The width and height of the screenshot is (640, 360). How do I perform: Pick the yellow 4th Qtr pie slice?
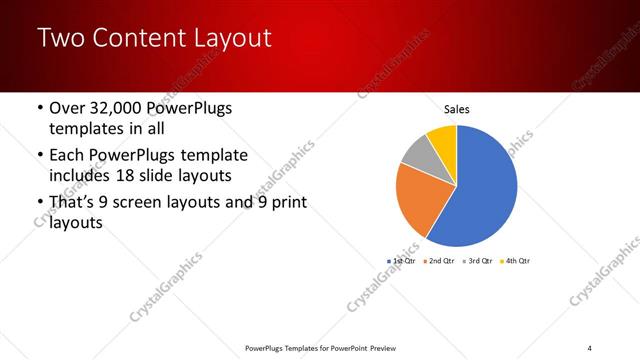443,138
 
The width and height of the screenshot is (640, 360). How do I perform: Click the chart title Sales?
457,110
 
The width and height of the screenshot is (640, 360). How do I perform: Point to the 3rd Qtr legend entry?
477,260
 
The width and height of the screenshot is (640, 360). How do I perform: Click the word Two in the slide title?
62,39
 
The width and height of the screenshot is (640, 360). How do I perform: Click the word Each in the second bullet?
68,157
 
